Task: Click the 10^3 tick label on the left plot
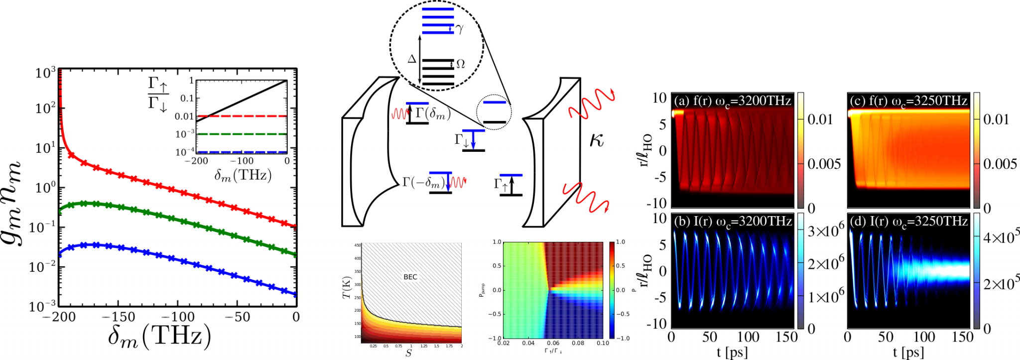pos(45,73)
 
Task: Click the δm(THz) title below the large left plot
pos(159,337)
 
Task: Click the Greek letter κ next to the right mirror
pos(596,140)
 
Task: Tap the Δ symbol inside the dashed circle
pos(411,59)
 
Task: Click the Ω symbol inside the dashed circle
pos(461,64)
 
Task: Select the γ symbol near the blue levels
pos(460,29)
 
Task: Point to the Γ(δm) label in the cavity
pos(432,114)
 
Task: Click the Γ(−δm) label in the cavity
pos(423,183)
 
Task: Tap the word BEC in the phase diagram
pos(410,277)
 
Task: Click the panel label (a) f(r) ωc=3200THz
pos(732,101)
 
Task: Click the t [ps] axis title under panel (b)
pos(732,353)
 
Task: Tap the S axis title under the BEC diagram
pos(409,353)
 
